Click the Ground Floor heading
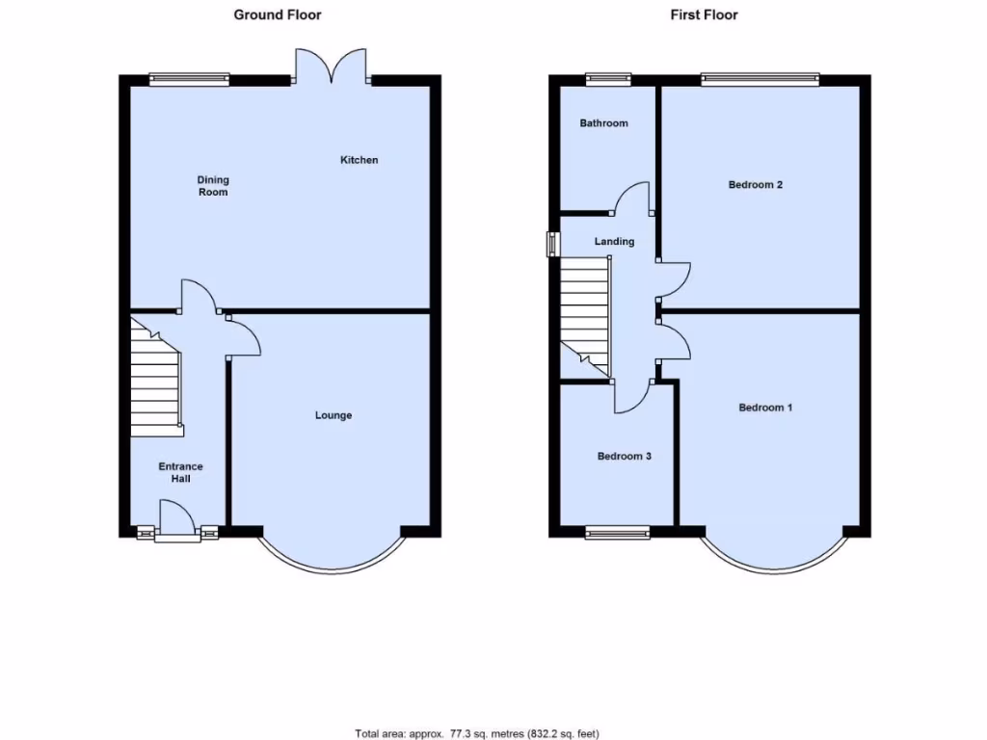(x=278, y=14)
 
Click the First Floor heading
(x=705, y=14)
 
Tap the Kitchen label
(x=359, y=160)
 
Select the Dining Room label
(x=213, y=186)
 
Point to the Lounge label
(x=333, y=415)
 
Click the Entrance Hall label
(x=181, y=472)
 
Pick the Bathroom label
(x=603, y=123)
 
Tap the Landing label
(x=614, y=241)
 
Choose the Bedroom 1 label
(x=765, y=408)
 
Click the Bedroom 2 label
(x=755, y=184)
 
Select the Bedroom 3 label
(x=624, y=456)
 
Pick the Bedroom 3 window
(x=618, y=531)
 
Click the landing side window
(x=552, y=244)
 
